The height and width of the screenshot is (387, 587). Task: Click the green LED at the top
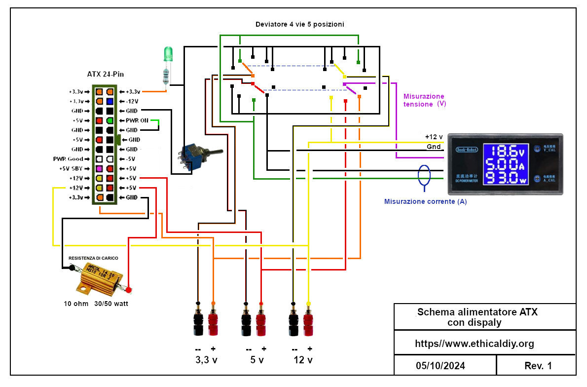coord(169,54)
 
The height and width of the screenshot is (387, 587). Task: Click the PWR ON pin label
coord(138,120)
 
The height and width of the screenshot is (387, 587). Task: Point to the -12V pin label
coord(133,101)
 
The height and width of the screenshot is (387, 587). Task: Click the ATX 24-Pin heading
coord(105,74)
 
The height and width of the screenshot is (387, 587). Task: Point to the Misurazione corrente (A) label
coord(425,201)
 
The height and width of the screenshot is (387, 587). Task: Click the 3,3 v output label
coord(206,360)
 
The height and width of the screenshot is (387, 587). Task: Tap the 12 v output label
coord(302,360)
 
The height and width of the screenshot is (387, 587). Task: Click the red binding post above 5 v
coord(261,321)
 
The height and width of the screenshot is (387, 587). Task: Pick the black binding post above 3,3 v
coord(198,321)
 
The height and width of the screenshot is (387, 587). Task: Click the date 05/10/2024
coord(440,366)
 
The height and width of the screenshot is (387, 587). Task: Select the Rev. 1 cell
coord(538,366)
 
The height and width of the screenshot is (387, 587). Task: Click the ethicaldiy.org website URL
coord(474,344)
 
